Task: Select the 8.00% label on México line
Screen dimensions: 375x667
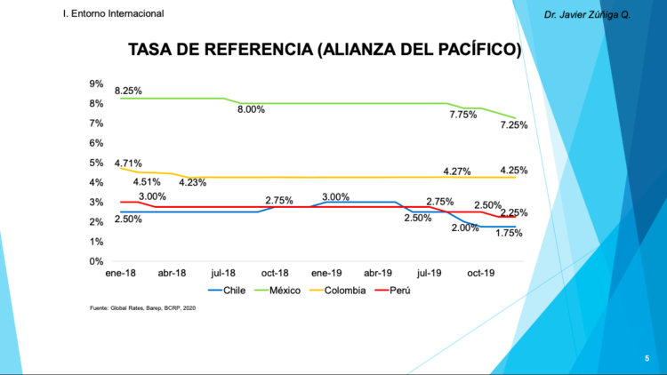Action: coord(251,109)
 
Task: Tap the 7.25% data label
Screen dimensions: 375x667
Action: coord(513,125)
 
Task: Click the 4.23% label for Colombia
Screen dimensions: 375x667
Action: coord(193,183)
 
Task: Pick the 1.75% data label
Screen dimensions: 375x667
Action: coord(509,233)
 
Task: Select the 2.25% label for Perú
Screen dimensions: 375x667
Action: coord(513,213)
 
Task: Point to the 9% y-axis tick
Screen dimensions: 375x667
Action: coord(96,84)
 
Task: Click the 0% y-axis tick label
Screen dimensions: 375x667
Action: coord(96,261)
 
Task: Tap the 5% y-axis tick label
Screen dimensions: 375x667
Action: coord(96,163)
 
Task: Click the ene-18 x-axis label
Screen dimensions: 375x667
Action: coord(121,275)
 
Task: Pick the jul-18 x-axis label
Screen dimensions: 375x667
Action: coord(223,275)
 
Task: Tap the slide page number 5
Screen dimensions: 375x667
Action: coord(647,357)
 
